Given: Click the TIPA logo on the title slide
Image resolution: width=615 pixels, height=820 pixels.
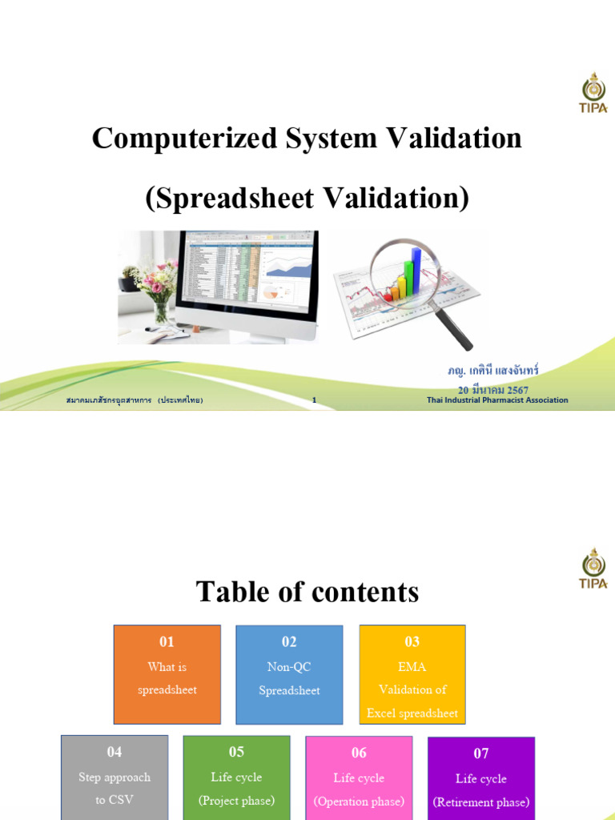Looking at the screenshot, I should [x=593, y=94].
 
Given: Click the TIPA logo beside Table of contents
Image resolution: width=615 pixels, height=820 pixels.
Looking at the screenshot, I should [x=593, y=568].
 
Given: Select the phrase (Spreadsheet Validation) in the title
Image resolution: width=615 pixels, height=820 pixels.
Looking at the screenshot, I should [x=307, y=198].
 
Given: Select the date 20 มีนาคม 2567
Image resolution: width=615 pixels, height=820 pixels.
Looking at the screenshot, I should [x=493, y=390].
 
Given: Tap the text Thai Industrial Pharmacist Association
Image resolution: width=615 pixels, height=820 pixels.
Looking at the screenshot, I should [x=497, y=400].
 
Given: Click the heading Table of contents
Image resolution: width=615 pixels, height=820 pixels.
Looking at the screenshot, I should [x=307, y=592].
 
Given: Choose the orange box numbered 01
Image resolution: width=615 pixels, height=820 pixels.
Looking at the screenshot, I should [x=167, y=674].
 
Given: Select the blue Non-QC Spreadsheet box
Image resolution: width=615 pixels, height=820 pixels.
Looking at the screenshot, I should [x=289, y=674].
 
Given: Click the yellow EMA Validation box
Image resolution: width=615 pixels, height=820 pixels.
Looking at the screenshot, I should [x=412, y=674].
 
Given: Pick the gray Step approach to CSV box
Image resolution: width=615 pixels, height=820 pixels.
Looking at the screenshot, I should [x=115, y=777].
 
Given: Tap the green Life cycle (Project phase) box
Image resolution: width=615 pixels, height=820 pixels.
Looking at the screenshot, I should [x=236, y=777].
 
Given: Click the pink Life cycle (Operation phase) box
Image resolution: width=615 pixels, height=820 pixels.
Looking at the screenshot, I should [x=359, y=777].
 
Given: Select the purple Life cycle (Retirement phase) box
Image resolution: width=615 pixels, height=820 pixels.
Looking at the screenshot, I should [x=480, y=777].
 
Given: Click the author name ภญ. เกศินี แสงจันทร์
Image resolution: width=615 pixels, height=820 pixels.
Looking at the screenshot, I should [x=493, y=372].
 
